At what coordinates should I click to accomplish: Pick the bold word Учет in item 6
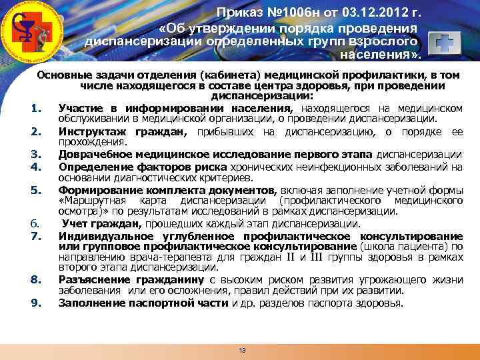tap(74, 224)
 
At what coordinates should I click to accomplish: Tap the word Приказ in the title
tap(241, 14)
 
